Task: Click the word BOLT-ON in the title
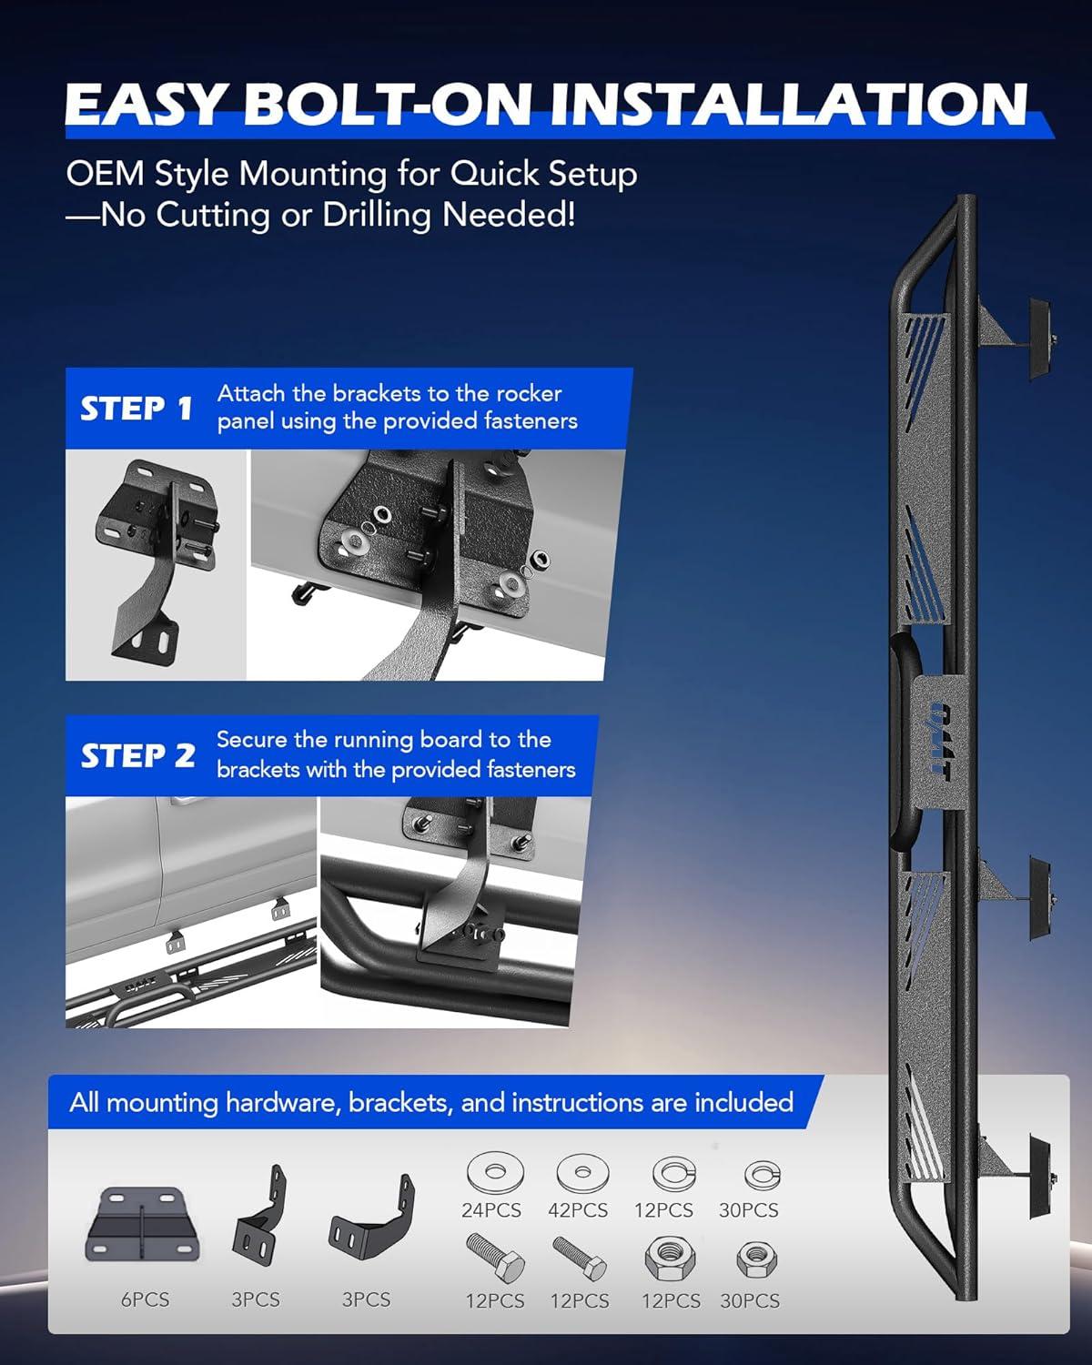coord(387,104)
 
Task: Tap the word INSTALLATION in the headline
coord(788,104)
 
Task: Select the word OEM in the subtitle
coord(106,173)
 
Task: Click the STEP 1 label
coord(136,408)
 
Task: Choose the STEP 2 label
coord(137,755)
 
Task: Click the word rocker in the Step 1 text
coord(530,393)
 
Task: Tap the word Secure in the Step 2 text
coord(252,740)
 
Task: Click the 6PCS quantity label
coord(146,1299)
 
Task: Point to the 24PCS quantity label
coord(491,1210)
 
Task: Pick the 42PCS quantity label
coord(578,1210)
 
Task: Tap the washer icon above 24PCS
coord(496,1172)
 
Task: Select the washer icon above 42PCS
coord(582,1173)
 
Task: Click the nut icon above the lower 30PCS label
coord(756,1259)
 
